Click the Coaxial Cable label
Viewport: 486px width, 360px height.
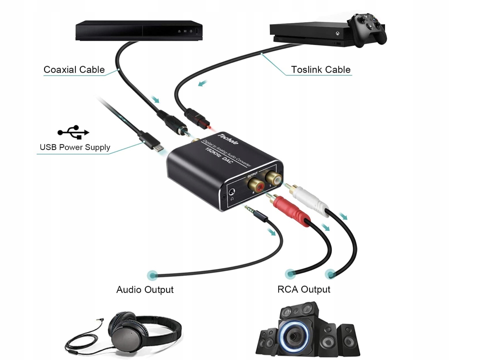[74, 70]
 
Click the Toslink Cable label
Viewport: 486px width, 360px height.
[320, 70]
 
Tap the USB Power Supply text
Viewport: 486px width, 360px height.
[75, 147]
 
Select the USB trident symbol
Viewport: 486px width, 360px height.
[73, 132]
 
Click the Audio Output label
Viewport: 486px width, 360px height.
[145, 289]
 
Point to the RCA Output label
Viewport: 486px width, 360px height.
[304, 289]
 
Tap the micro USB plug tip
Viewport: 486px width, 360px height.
[158, 147]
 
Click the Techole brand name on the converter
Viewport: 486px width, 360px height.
[228, 139]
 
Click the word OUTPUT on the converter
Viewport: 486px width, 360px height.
[252, 174]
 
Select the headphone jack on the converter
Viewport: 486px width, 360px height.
[231, 192]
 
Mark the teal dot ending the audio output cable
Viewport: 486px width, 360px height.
[152, 276]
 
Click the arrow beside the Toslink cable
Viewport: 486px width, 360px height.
[202, 84]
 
